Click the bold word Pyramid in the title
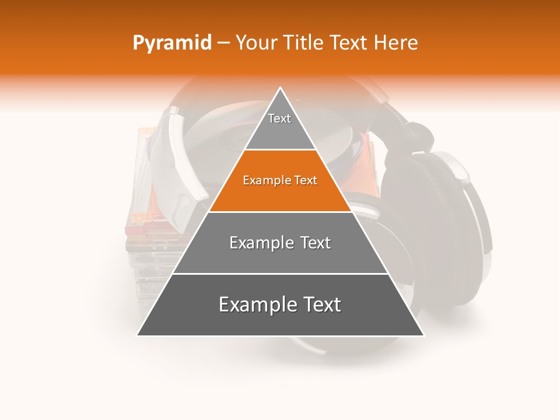tap(171, 43)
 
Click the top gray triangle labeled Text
tap(280, 125)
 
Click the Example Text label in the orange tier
tap(280, 181)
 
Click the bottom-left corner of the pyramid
tap(138, 335)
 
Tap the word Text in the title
tap(349, 43)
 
